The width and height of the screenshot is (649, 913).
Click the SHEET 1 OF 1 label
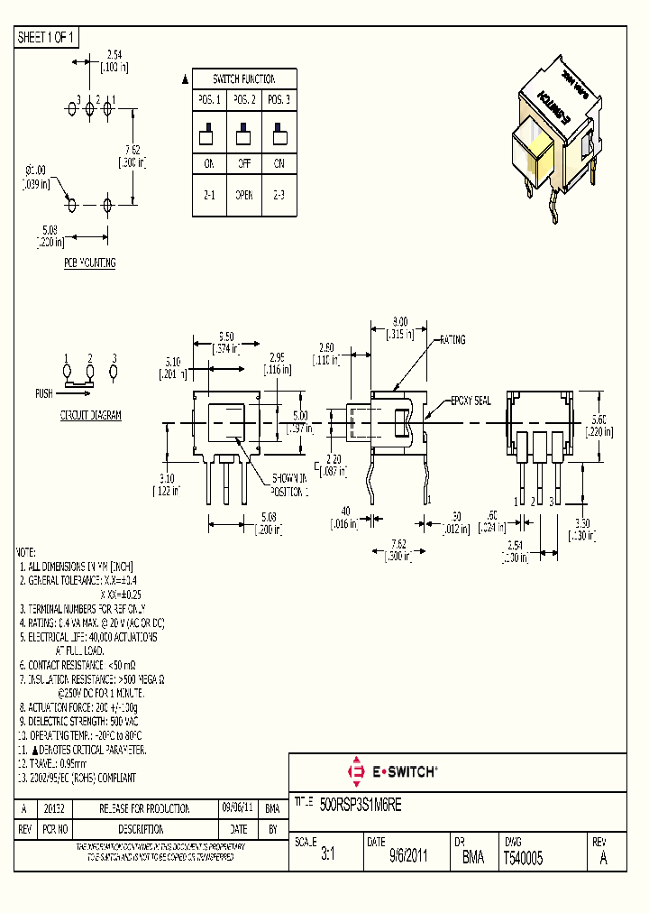[x=47, y=37]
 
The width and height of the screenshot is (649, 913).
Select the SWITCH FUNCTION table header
[x=243, y=79]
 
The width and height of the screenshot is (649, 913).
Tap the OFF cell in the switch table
[x=243, y=164]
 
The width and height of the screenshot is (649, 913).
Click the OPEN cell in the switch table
[x=243, y=195]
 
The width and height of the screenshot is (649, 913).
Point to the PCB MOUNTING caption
[x=89, y=263]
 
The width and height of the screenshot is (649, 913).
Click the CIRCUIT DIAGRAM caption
[x=90, y=416]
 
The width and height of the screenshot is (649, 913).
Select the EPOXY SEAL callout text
[x=471, y=401]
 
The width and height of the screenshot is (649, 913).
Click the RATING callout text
[x=452, y=340]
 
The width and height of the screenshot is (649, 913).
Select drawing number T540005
[x=523, y=860]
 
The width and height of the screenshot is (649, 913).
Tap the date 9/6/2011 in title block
[x=408, y=860]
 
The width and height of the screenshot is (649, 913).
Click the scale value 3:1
[x=327, y=860]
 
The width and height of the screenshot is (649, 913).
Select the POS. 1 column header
[x=209, y=100]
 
